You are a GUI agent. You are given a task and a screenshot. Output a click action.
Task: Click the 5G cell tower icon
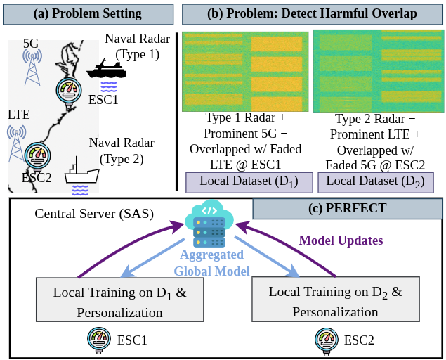click(x=32, y=67)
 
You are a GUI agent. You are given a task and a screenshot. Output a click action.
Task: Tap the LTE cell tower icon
click(x=16, y=143)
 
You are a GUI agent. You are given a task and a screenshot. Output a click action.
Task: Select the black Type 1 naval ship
click(x=106, y=69)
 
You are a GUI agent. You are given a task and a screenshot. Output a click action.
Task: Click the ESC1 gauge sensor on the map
click(x=69, y=91)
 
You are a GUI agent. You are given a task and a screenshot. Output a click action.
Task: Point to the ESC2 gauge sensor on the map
click(x=37, y=156)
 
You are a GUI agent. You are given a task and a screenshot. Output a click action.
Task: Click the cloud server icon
click(x=209, y=223)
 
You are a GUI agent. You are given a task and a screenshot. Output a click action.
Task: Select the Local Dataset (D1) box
click(x=249, y=182)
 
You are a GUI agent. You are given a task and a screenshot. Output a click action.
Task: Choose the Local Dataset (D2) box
click(x=376, y=182)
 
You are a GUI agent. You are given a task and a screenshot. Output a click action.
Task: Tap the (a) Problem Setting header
click(x=88, y=14)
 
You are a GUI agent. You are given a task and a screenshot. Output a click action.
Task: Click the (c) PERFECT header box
click(x=348, y=209)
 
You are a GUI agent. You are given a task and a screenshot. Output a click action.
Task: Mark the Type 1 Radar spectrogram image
click(x=245, y=72)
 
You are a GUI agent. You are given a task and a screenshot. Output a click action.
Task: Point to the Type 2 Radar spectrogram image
click(x=379, y=71)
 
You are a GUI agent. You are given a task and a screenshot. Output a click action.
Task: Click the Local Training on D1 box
click(x=119, y=300)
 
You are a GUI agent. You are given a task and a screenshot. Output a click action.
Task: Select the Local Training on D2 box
click(x=336, y=299)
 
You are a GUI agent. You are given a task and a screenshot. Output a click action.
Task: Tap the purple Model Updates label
click(x=341, y=240)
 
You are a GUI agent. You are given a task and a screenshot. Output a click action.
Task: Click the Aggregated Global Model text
click(x=211, y=263)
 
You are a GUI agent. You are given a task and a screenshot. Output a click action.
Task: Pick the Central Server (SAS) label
click(x=94, y=214)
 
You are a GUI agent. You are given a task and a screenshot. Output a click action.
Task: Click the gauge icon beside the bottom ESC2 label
click(x=327, y=340)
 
